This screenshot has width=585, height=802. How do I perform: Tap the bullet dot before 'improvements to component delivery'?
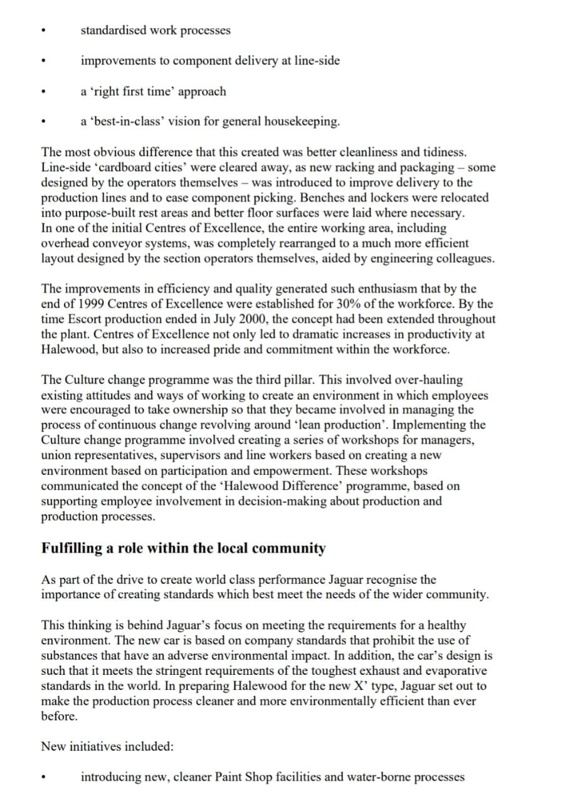coord(43,62)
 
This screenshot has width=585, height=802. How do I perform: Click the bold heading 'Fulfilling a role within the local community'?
coord(184,548)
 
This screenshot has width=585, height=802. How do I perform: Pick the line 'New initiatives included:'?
coord(107,746)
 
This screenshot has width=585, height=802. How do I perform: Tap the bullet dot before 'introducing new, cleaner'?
coord(43,778)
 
